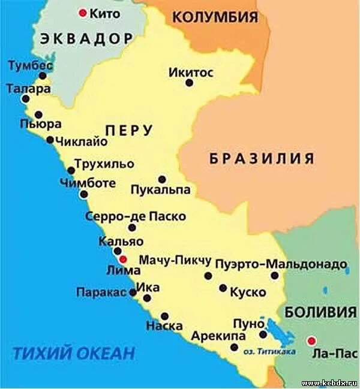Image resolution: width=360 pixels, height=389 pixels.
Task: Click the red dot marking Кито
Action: pos(82,13)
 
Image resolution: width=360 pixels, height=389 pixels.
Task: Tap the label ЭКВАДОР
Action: pos(86,39)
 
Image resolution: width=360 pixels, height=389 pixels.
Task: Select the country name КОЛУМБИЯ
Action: pos(215,17)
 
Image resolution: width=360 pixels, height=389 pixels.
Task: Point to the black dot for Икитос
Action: pos(189,83)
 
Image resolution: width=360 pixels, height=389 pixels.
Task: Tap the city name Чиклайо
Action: pos(80,142)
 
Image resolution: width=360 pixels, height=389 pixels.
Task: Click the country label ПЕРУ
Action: pos(129,130)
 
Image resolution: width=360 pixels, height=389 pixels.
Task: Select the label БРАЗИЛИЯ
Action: pos(262,158)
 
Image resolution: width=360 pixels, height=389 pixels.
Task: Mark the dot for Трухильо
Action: pos(71,170)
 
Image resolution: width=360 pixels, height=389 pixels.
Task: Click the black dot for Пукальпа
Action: pos(161,179)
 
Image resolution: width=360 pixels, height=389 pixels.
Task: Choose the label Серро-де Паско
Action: pos(136,216)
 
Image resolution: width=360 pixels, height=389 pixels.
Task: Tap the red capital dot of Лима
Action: pos(123,260)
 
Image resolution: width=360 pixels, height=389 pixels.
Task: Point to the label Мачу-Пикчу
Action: pos(175,261)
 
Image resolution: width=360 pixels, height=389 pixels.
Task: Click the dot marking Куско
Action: pos(223,288)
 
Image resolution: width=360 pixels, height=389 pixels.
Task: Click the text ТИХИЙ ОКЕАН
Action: pos(73,353)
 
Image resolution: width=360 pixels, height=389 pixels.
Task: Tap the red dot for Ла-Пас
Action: pos(311,340)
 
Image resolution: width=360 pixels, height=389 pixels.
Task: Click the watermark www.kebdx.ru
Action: pos(329,382)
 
